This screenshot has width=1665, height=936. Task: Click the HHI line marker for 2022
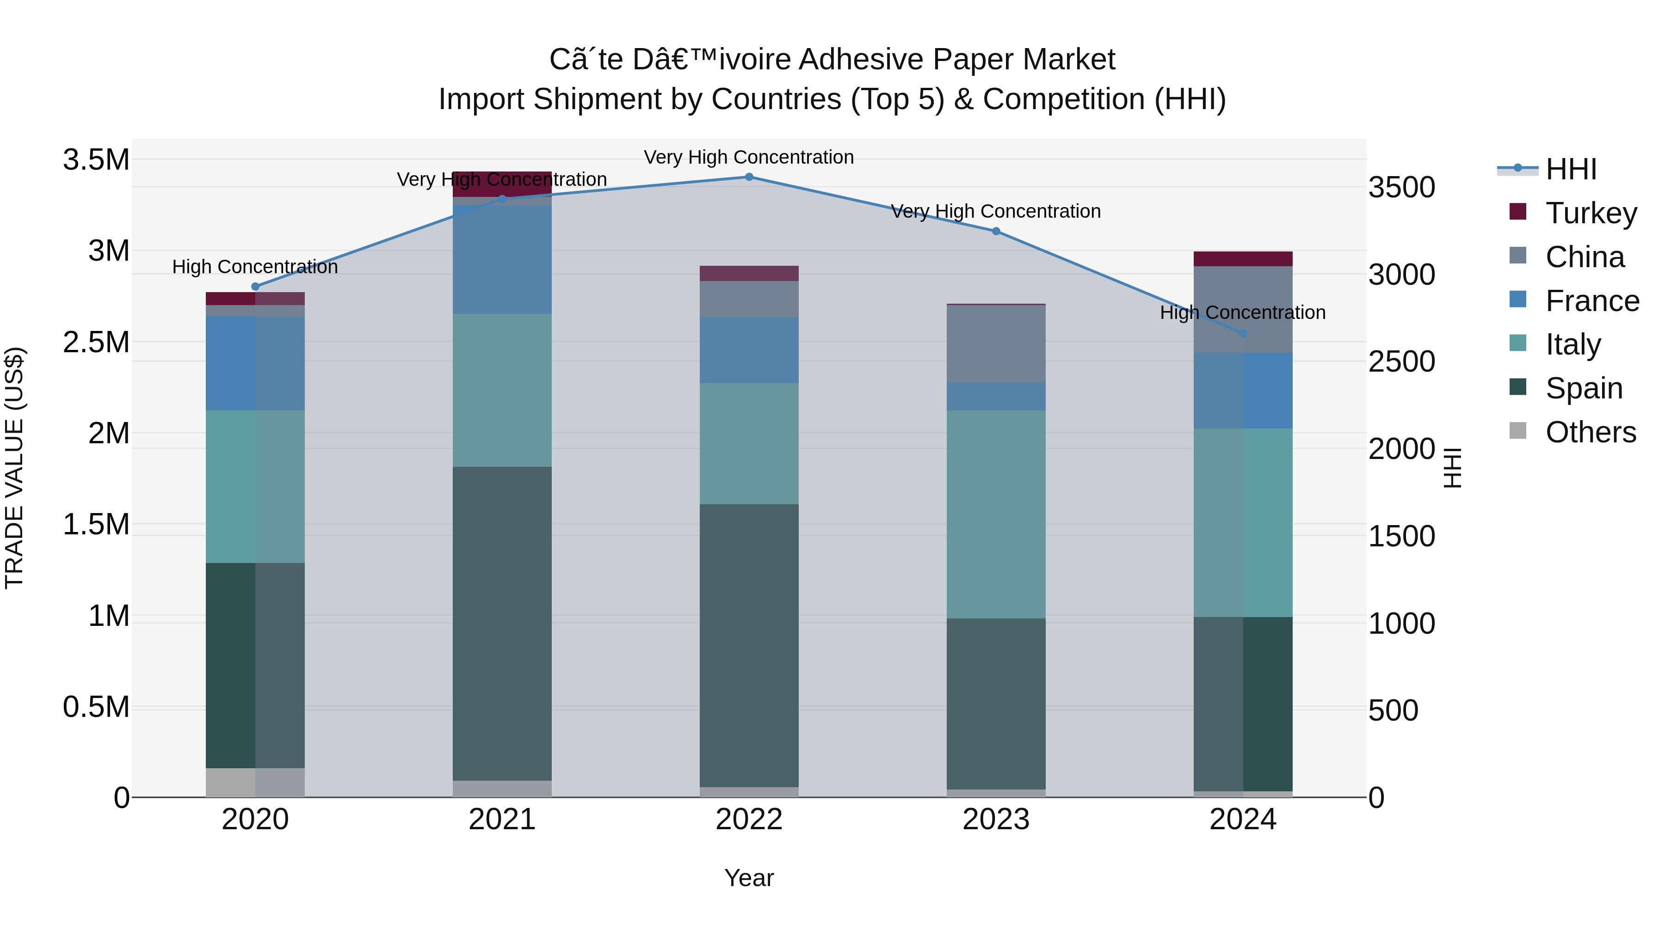click(749, 177)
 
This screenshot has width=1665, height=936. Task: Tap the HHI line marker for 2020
click(255, 287)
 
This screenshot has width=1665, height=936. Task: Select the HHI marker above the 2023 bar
click(996, 231)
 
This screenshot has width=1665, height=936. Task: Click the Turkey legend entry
click(1590, 213)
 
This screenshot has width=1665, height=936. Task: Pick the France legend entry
click(1591, 301)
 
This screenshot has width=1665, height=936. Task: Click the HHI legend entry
click(1571, 169)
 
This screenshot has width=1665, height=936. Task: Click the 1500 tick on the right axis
click(1401, 536)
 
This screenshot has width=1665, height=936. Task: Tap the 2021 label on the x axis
click(502, 820)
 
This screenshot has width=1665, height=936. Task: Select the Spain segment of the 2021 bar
click(502, 624)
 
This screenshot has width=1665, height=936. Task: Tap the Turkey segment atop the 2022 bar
click(749, 273)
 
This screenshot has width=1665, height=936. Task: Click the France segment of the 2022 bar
click(749, 350)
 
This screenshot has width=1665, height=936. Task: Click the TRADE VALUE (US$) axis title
click(14, 468)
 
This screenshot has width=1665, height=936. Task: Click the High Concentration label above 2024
click(1242, 312)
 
